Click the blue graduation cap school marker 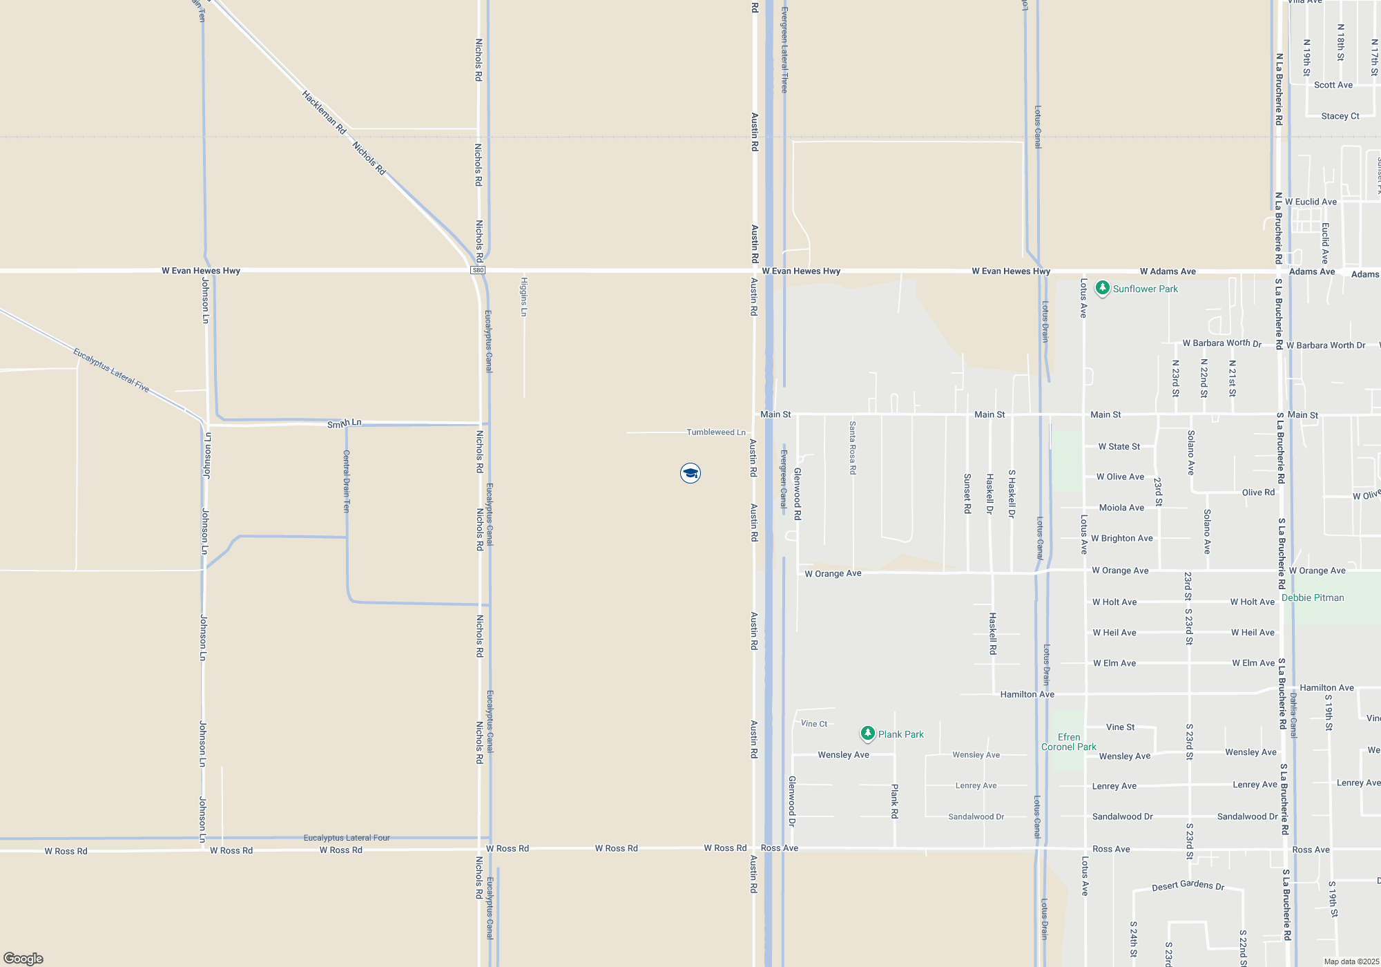(690, 473)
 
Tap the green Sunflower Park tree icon (1103, 287)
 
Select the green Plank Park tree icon (868, 734)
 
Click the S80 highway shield (478, 270)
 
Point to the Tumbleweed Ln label (715, 432)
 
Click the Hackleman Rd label (324, 112)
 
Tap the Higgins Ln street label (524, 297)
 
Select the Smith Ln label (344, 423)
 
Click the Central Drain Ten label (347, 481)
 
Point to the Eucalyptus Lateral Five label (111, 370)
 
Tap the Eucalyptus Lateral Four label (347, 838)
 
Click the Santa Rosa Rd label (853, 448)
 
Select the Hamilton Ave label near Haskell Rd (1027, 694)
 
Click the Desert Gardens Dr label (1188, 885)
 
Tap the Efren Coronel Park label (1068, 742)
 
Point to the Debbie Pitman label (1313, 598)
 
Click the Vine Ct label (813, 724)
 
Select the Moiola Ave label (1121, 508)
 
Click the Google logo (23, 958)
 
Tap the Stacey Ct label (1340, 116)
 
